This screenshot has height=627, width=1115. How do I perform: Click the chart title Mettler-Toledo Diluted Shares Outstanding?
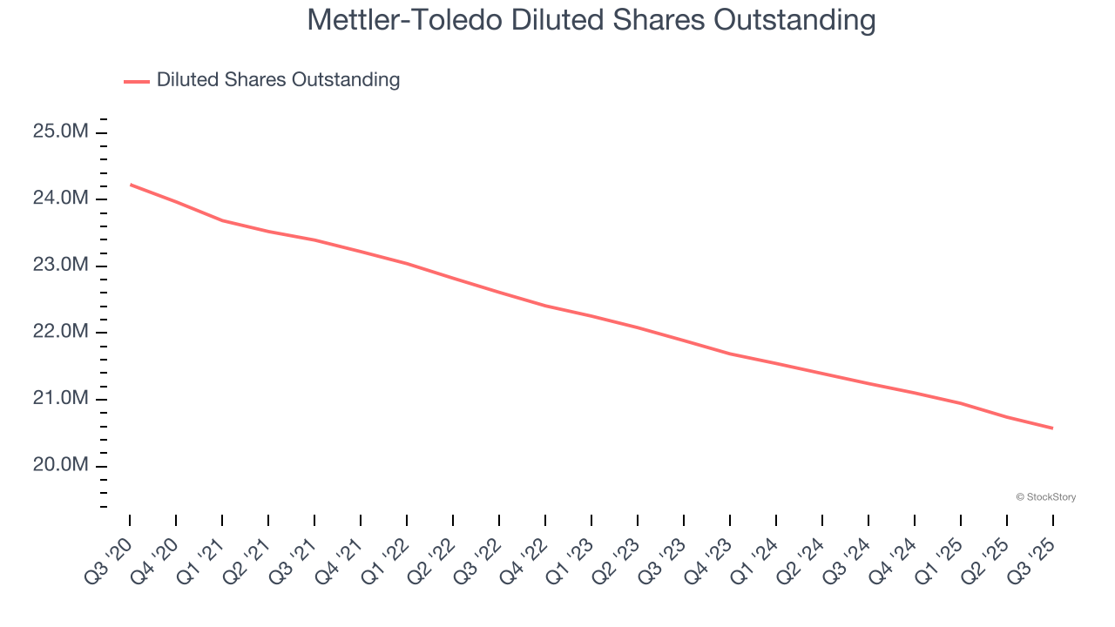point(591,20)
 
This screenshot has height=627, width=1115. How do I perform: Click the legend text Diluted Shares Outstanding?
point(278,80)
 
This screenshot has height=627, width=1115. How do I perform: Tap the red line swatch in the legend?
point(137,81)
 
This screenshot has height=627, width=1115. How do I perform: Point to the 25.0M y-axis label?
point(60,131)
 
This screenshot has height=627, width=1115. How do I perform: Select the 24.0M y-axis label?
point(60,199)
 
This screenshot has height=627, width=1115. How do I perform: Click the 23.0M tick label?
point(60,266)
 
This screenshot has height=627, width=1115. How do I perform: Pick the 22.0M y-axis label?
point(60,332)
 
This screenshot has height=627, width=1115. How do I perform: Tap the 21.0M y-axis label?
point(60,399)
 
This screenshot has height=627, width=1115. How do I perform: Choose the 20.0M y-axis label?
point(60,465)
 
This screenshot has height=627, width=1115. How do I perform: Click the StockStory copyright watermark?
point(1045,497)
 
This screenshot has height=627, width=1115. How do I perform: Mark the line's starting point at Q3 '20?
point(131,185)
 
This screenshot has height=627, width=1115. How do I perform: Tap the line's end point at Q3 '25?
point(1052,428)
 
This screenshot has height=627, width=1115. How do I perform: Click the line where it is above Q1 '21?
point(222,220)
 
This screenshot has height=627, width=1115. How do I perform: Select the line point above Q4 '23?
point(730,354)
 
